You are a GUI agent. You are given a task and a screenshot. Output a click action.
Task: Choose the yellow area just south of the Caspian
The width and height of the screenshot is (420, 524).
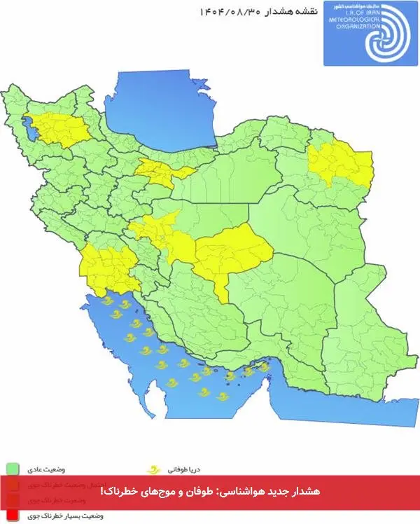click(164, 172)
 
